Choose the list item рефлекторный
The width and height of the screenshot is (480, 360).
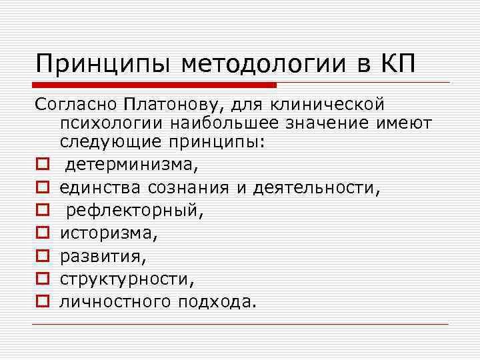(132, 211)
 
